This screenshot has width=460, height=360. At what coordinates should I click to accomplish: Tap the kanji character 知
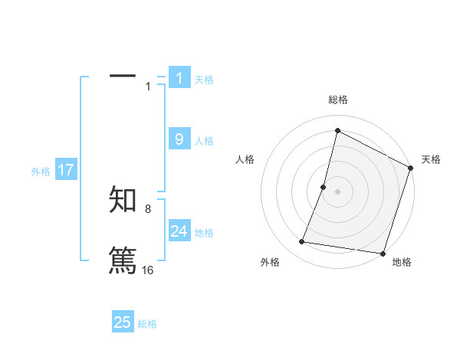(123, 200)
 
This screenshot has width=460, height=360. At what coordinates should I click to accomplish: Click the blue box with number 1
(179, 78)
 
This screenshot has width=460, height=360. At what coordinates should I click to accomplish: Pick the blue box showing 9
(179, 139)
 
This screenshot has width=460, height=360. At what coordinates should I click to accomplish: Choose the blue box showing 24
(179, 231)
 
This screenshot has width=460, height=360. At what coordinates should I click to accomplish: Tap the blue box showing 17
(66, 170)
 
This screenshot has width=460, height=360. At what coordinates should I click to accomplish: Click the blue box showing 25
(123, 322)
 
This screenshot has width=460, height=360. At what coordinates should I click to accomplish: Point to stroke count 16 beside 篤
(148, 270)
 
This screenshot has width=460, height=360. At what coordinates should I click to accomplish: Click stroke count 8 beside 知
(148, 208)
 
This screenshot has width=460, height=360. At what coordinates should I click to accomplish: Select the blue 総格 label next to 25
(147, 324)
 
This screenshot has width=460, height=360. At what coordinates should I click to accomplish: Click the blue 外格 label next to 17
(41, 172)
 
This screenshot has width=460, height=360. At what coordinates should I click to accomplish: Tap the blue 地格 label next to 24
(204, 232)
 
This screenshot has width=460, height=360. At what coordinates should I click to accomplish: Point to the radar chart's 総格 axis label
(338, 100)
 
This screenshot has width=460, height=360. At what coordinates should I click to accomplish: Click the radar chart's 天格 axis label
(431, 159)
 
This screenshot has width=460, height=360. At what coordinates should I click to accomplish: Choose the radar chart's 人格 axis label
(245, 159)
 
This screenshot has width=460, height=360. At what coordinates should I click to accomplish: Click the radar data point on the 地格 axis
(383, 254)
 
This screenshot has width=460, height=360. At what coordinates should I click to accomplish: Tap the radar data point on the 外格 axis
(302, 242)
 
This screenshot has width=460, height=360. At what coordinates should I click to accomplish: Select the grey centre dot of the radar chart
(337, 191)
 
